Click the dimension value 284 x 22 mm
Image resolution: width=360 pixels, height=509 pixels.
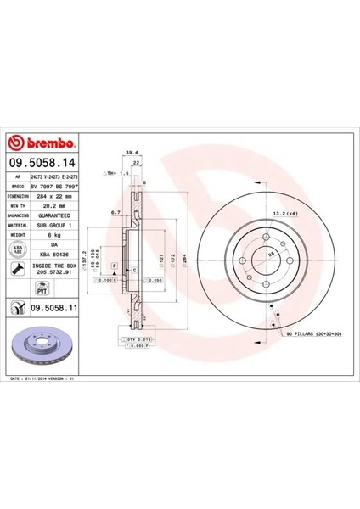point(55,196)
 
